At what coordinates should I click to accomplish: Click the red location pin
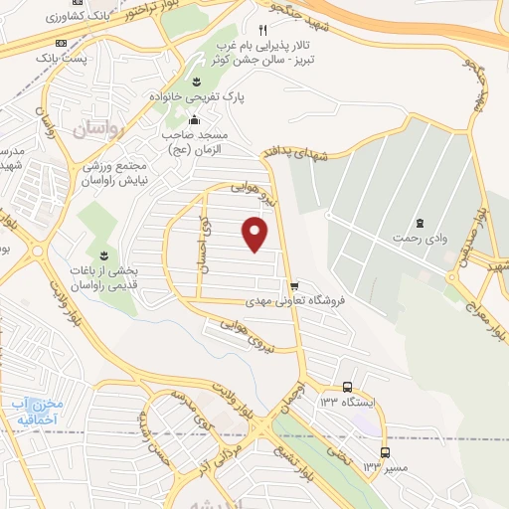click(255, 234)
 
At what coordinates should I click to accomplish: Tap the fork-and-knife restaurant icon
click(262, 30)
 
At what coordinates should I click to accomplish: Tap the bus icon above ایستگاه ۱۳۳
click(347, 387)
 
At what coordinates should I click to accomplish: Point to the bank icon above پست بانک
click(61, 44)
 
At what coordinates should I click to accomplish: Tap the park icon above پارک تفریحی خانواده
click(195, 81)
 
